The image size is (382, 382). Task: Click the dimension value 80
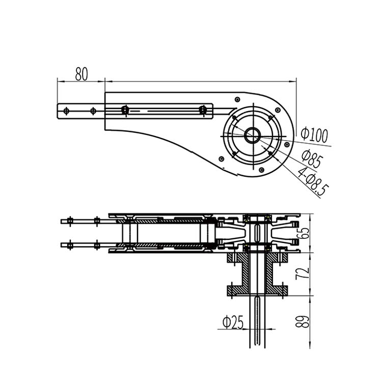click(81, 73)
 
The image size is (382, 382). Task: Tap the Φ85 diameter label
click(312, 159)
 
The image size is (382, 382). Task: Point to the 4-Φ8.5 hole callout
click(313, 182)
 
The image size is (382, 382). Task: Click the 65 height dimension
click(304, 233)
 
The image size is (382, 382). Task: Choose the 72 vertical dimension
click(303, 274)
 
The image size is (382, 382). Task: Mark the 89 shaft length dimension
click(303, 321)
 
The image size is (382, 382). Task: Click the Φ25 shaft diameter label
click(233, 322)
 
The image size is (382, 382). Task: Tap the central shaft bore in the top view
click(253, 135)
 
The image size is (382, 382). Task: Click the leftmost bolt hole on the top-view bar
click(66, 111)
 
